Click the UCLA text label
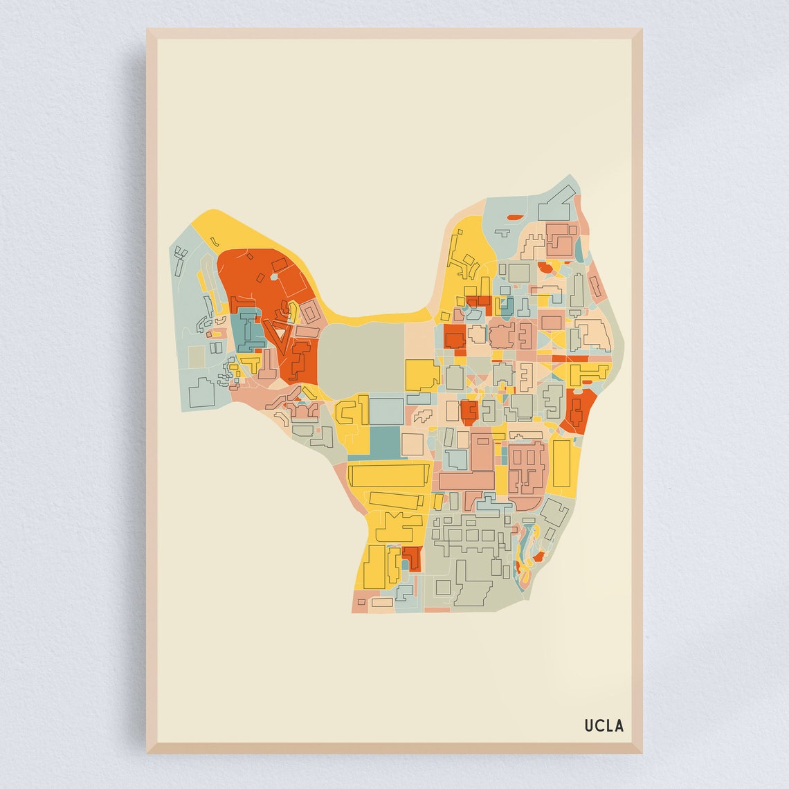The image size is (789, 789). [x=604, y=725]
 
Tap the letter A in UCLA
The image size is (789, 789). [x=619, y=725]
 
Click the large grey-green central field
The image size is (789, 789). [x=362, y=357]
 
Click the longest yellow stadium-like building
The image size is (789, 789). [x=389, y=476]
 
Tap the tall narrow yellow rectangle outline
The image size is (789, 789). [x=561, y=464]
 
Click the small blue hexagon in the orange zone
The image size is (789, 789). [x=274, y=277]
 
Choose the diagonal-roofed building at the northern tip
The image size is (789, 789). [x=556, y=194]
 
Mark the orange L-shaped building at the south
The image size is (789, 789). [x=412, y=558]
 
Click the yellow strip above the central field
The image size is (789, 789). [x=377, y=318]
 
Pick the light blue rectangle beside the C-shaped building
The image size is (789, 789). [x=386, y=410]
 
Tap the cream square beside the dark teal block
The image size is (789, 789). [x=412, y=444]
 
